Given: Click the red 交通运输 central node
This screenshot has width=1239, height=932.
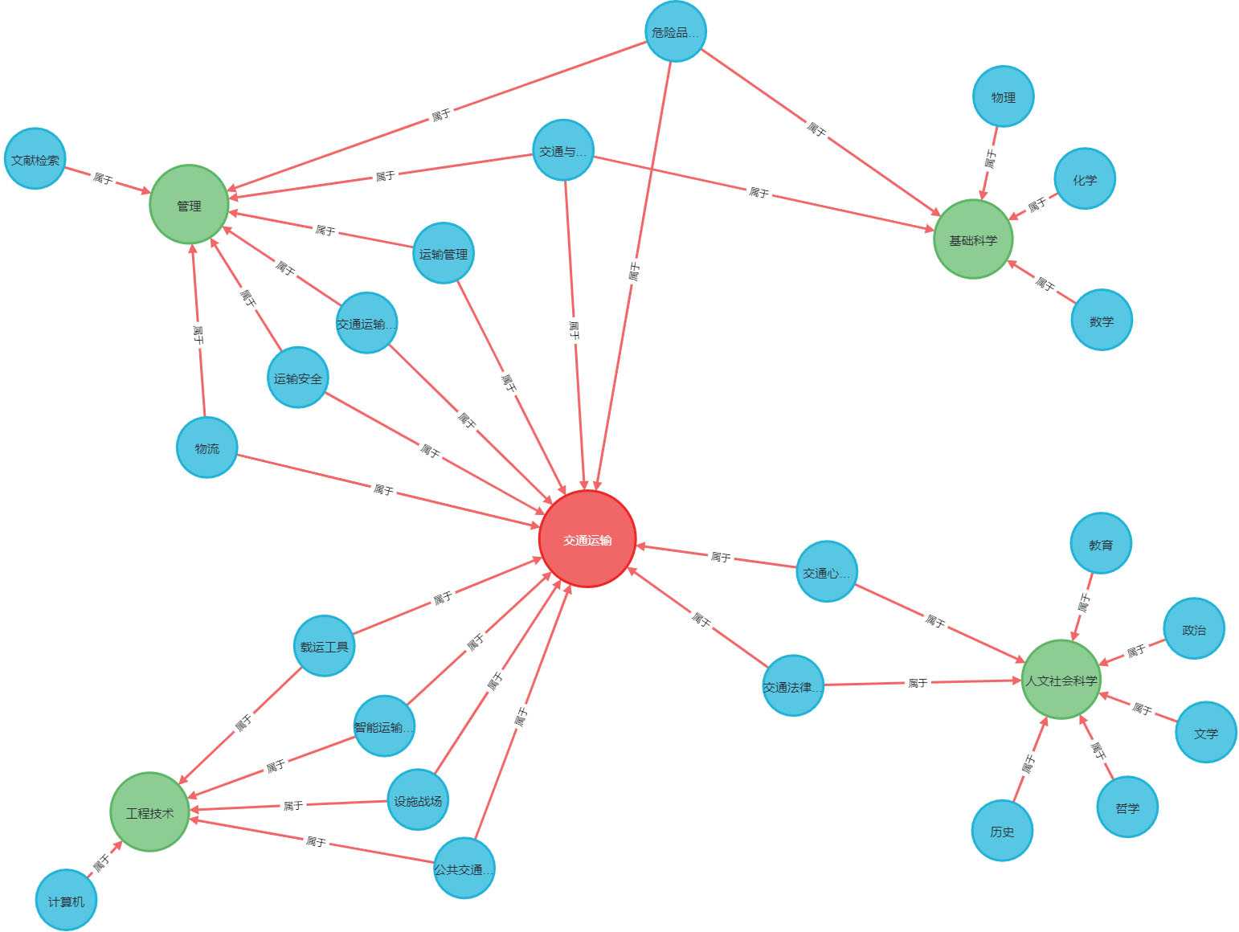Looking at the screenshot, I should pos(587,539).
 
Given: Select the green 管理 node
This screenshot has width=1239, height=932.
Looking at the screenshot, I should pos(189,205).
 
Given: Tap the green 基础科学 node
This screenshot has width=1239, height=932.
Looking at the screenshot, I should pos(973,239).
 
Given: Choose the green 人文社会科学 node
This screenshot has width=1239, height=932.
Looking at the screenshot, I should pos(1061,680).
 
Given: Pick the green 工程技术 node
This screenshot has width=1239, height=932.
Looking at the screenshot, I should pos(149,812).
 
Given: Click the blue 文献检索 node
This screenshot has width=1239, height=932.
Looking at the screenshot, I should pos(35,159).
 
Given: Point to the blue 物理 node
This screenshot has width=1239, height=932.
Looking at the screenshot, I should pos(1003,96).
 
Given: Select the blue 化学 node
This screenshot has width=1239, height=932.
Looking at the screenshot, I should pos(1084,178).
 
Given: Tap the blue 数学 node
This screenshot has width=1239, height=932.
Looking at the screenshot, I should pos(1101,320).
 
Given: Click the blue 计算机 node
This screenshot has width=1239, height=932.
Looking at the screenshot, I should pos(66,900).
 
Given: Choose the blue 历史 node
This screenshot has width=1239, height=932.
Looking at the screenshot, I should pos(1001,831).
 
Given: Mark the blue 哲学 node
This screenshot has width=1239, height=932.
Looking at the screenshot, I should pos(1127,807).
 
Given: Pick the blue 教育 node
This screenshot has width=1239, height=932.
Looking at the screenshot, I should pos(1100,544).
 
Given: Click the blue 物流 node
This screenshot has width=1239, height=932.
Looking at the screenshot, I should pos(206,448).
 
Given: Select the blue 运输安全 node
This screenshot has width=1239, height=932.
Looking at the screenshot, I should pos(297,378).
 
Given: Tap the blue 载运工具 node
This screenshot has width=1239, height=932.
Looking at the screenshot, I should pos(324,645).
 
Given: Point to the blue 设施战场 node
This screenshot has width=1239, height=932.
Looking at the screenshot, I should pos(417,800).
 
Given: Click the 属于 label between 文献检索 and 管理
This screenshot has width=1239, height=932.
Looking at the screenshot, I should pos(103,178).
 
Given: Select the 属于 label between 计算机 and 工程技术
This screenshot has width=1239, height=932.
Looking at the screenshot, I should pos(102,864).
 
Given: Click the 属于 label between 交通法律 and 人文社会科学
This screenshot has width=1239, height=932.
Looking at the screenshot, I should pos(917,683).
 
